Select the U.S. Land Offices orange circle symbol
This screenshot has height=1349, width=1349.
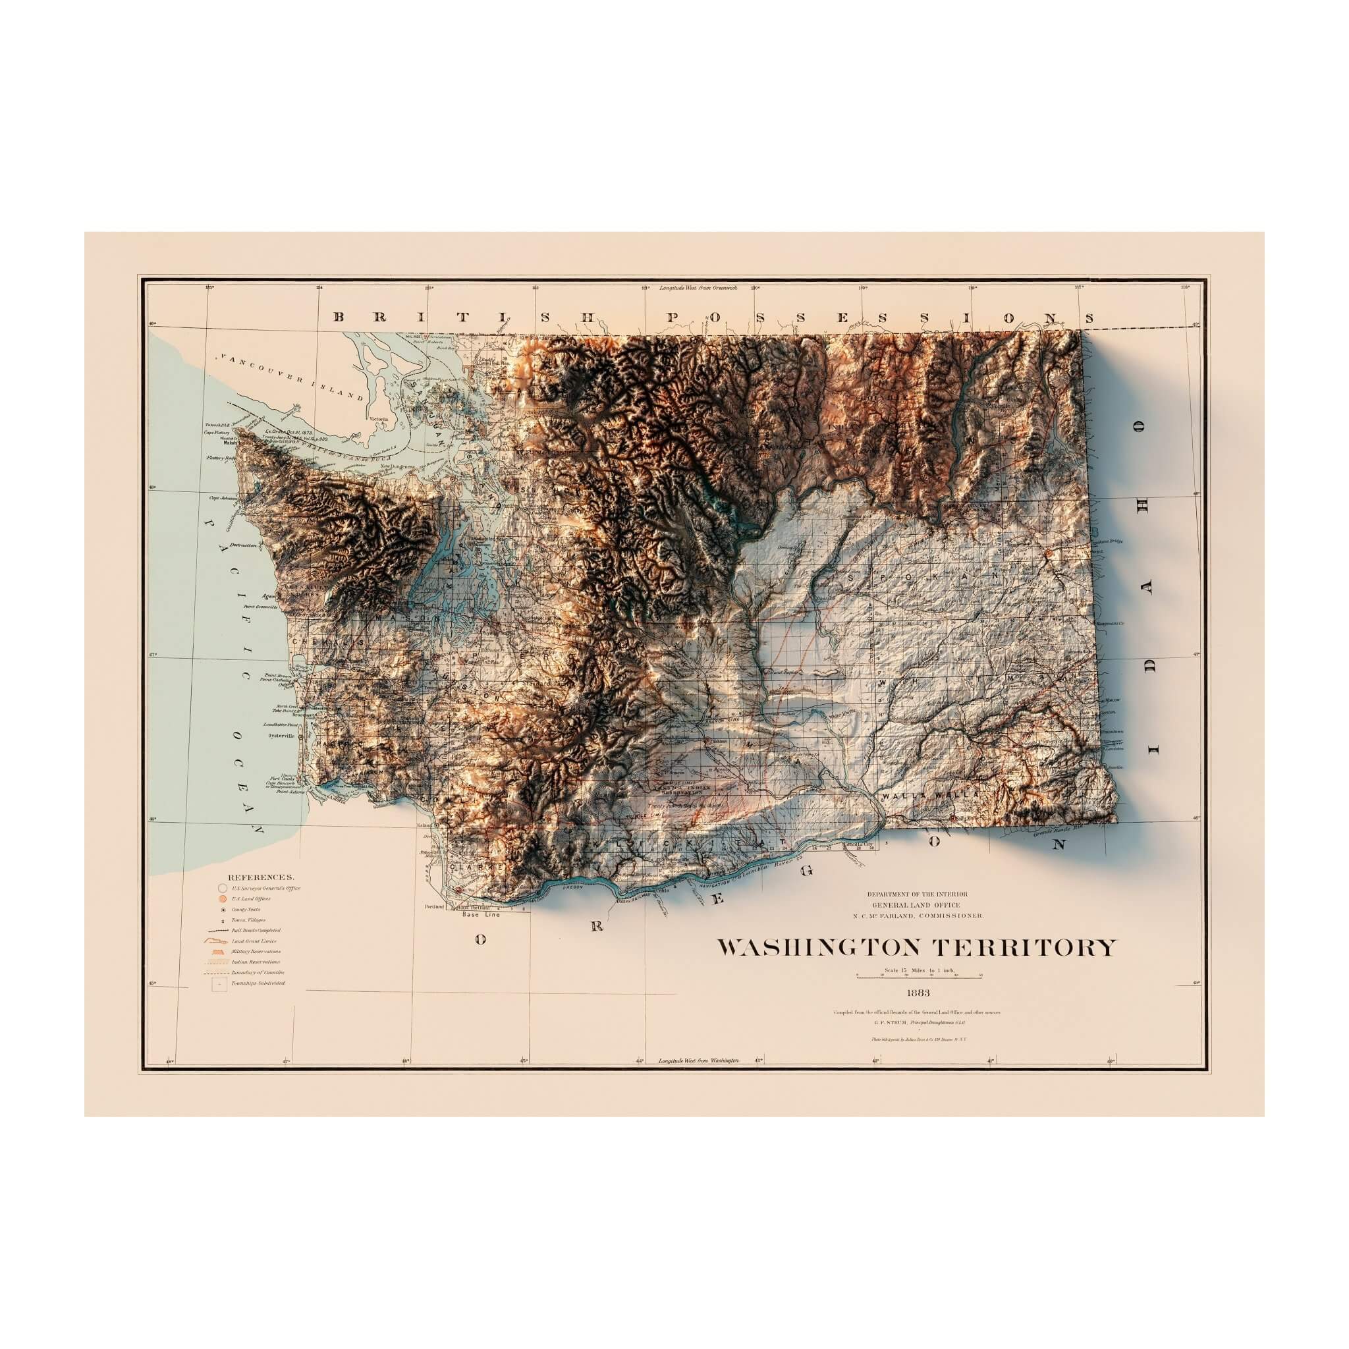point(223,898)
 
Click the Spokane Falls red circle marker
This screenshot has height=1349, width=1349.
point(1049,555)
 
